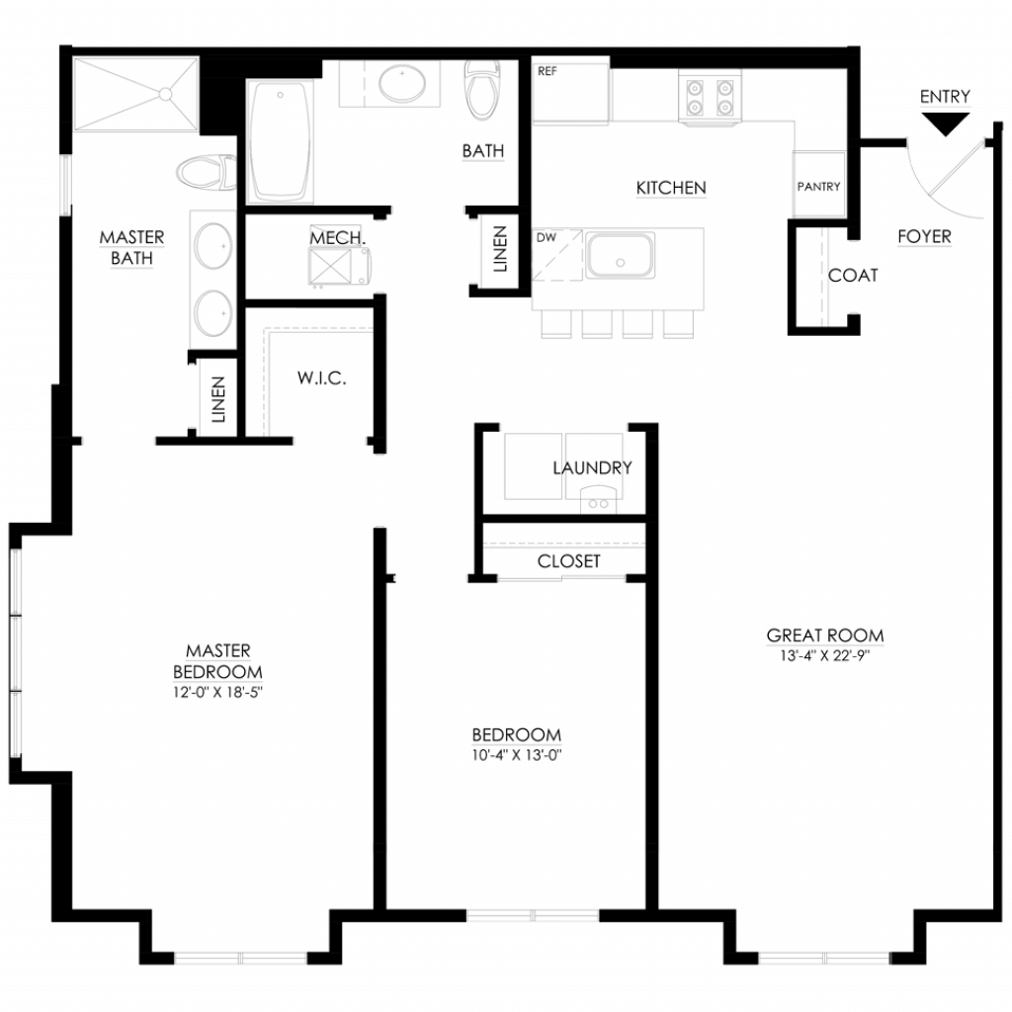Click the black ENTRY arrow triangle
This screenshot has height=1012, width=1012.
point(946,123)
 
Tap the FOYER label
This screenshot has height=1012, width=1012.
point(924,237)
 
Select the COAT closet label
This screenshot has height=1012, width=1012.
point(853,276)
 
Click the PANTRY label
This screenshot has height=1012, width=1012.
point(818,187)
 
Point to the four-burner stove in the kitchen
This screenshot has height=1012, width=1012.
point(710,98)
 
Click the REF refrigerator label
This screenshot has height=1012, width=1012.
point(548,71)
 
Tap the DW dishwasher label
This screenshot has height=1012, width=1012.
point(546,237)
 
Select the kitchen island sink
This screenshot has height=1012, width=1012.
point(620,256)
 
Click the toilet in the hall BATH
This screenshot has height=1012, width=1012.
point(482,90)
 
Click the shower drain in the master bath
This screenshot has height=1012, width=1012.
point(165,94)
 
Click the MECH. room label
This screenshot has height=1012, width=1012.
point(338,238)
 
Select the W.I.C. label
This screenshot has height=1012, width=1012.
point(321,379)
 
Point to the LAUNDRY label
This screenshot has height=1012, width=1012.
point(593,467)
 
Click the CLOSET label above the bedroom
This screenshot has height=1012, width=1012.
point(568,561)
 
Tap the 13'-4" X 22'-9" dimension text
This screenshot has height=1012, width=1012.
point(825,656)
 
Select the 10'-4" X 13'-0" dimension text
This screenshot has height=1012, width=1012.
point(516,755)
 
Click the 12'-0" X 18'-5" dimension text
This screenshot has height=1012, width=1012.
point(217,693)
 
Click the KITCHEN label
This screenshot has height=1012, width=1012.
point(671,188)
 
